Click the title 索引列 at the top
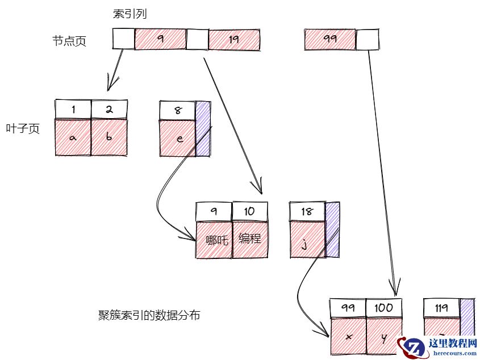[x=130, y=14]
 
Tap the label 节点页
[x=69, y=41]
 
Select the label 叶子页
[x=23, y=129]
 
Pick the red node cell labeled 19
[x=234, y=40]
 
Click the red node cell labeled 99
[x=330, y=40]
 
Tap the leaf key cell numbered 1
[x=73, y=109]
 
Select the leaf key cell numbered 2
[x=109, y=109]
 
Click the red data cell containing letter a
[x=73, y=137]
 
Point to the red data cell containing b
[x=109, y=137]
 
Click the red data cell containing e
[x=178, y=137]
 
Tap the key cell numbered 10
[x=249, y=211]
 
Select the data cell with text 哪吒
[x=214, y=240]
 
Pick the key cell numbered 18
[x=307, y=211]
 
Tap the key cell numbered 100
[x=384, y=308]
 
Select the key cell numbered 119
[x=441, y=308]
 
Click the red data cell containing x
[x=348, y=336]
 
